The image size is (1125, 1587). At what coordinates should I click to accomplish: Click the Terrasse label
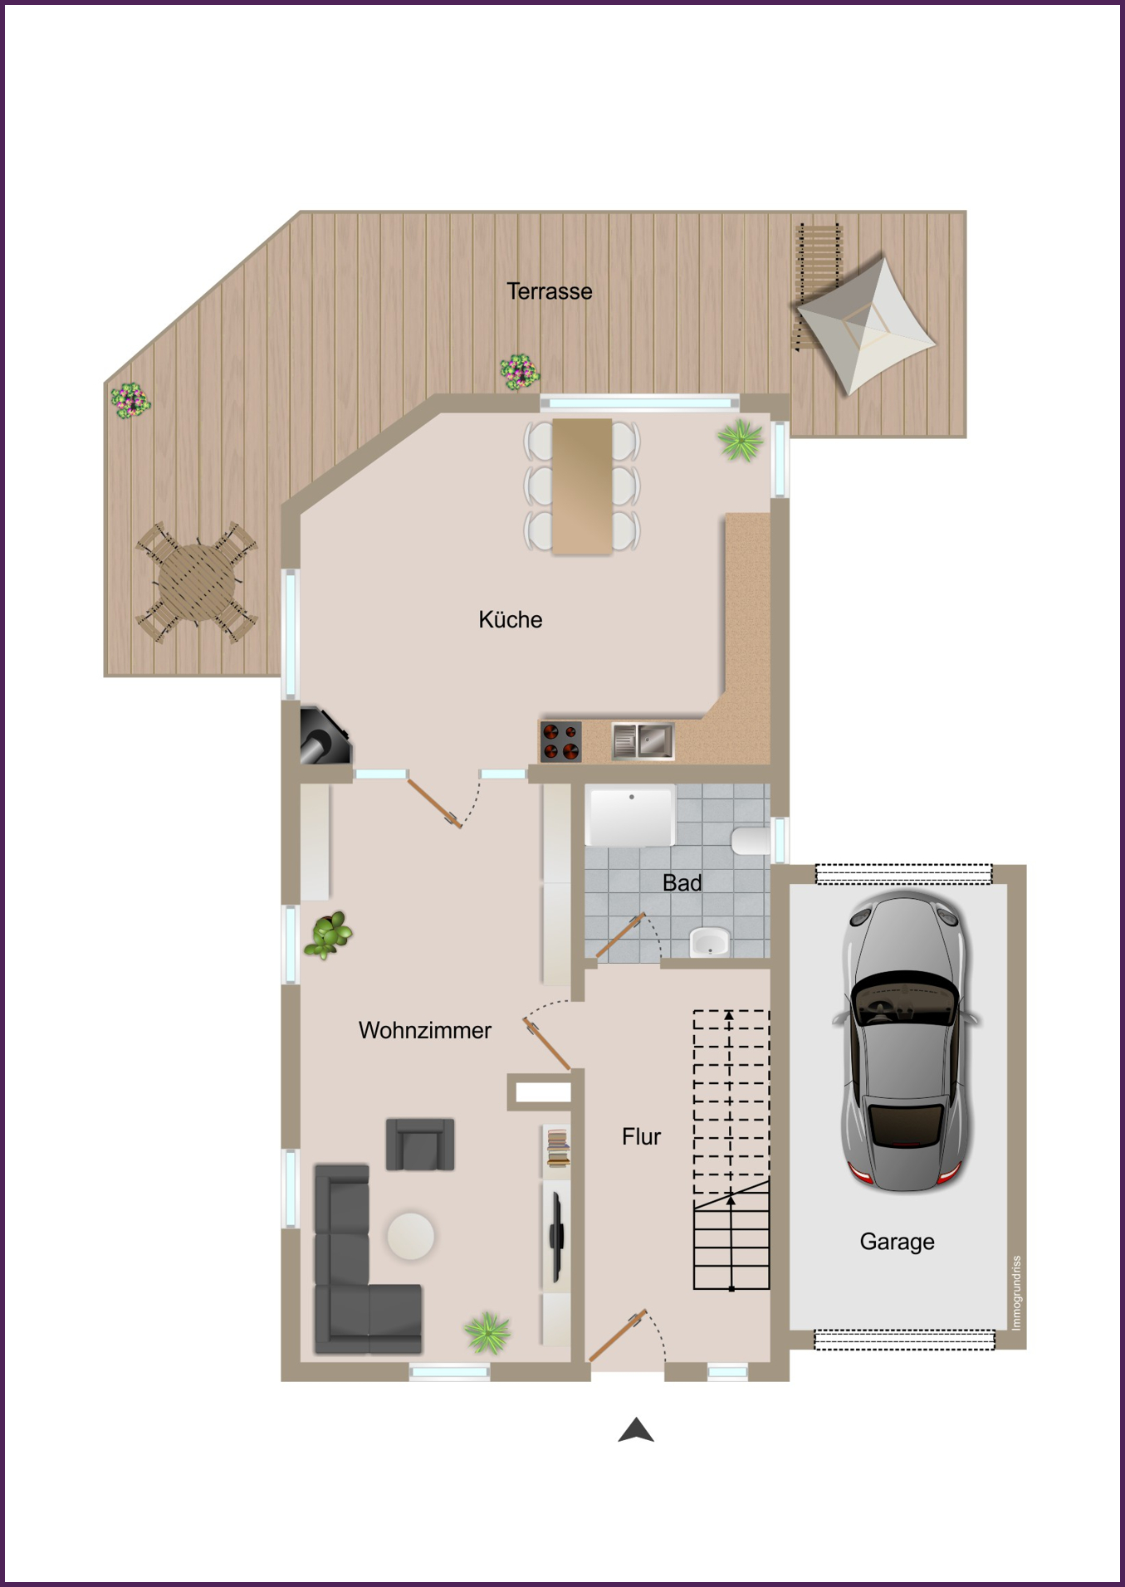point(550,291)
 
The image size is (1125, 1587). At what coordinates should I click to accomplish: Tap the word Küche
point(511,619)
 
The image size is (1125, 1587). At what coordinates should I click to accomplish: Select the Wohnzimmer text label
point(425,1030)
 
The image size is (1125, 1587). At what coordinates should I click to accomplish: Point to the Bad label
point(682,882)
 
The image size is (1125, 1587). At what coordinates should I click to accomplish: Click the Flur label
point(641,1136)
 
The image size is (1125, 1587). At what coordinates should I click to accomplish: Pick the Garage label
point(897,1242)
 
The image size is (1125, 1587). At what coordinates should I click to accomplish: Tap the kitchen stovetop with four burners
point(560,741)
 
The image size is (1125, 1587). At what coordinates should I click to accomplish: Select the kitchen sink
point(643,740)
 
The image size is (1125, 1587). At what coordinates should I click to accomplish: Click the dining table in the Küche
point(582,486)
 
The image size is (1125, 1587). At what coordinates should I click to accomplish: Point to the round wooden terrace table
point(197,581)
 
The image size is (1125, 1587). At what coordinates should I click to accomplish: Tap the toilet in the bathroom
point(751,840)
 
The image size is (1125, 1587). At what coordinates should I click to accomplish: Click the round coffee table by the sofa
point(410,1236)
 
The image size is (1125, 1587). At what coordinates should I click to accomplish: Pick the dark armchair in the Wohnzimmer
point(420,1145)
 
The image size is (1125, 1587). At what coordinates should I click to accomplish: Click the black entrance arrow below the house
point(636,1430)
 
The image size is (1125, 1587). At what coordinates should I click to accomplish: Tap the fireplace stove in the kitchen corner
point(325,735)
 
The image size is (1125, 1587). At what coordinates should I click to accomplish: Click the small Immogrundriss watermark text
point(1016,1292)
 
